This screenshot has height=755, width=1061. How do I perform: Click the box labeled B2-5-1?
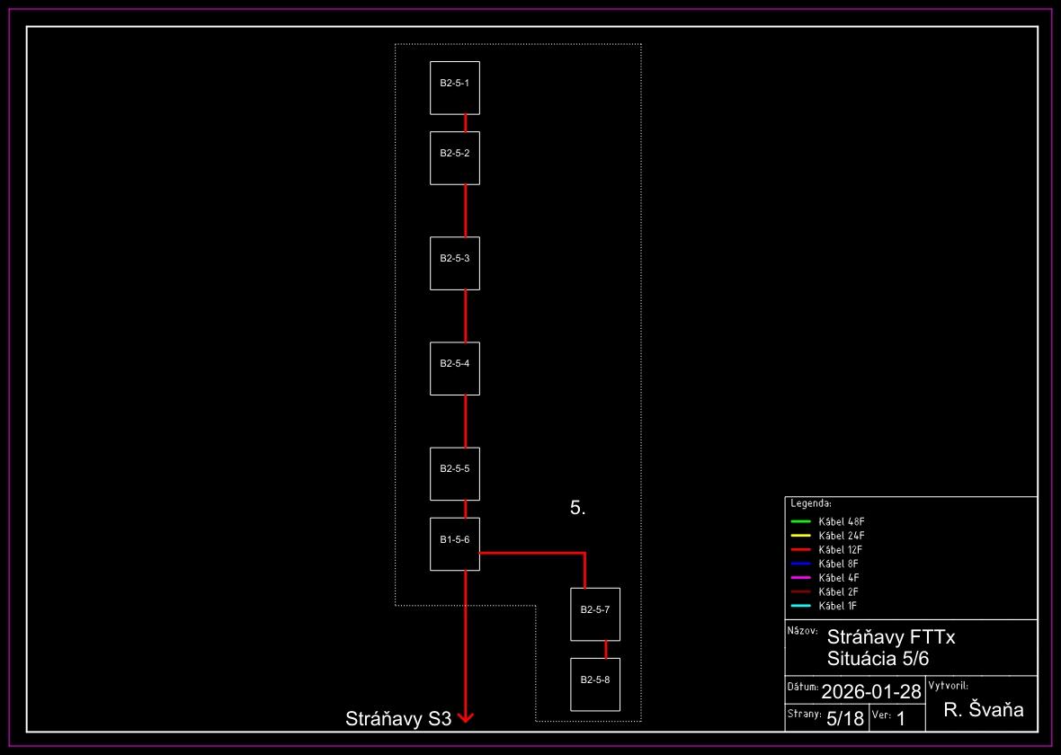tap(455, 87)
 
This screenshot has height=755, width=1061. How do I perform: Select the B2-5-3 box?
tap(455, 263)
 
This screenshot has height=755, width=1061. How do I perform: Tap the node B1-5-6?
tap(455, 544)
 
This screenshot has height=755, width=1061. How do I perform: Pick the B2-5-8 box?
tap(595, 684)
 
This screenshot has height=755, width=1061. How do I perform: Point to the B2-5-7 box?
tap(595, 614)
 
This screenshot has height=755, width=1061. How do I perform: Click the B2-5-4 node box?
tap(455, 369)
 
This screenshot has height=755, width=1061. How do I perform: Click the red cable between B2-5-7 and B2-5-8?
tap(606, 649)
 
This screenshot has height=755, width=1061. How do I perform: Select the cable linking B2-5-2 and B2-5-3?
tap(465, 210)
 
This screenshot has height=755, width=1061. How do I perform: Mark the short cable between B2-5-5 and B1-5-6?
tap(465, 509)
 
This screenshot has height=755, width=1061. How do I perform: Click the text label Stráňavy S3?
tap(397, 719)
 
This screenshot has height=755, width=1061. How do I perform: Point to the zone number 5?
tap(577, 508)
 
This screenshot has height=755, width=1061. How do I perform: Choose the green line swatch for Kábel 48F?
tap(800, 521)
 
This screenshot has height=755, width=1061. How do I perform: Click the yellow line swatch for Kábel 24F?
tap(800, 536)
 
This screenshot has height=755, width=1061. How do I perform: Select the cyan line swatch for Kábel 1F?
tap(800, 606)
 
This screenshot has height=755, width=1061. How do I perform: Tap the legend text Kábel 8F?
tap(840, 564)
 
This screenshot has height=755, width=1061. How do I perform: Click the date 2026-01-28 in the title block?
tap(870, 691)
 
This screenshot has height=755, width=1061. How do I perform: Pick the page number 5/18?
tap(844, 718)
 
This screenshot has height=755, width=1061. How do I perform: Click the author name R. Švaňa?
tap(984, 710)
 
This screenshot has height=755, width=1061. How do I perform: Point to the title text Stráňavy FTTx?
tap(890, 637)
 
